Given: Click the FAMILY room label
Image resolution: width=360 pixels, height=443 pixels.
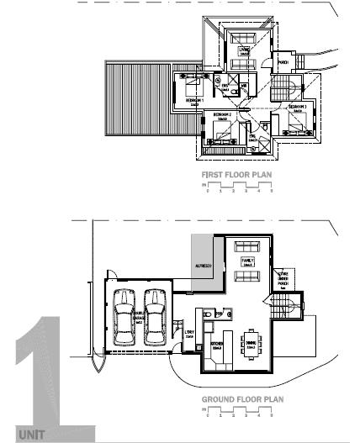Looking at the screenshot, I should click(x=248, y=263).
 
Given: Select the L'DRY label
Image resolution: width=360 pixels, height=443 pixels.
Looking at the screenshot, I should click(x=188, y=333).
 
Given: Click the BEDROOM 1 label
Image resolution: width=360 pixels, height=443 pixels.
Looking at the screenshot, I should click(x=193, y=99).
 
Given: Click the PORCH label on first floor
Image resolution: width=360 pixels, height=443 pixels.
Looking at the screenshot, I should click(x=283, y=62).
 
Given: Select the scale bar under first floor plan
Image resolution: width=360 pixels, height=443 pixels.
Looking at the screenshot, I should click(x=238, y=187).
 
